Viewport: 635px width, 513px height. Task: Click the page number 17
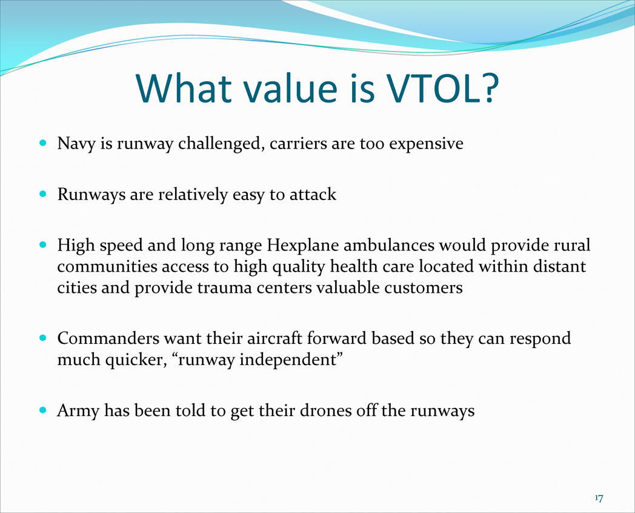pos(599,498)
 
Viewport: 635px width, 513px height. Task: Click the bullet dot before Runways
pos(43,193)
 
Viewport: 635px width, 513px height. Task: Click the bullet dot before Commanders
pos(43,338)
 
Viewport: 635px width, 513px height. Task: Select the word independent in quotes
pos(288,360)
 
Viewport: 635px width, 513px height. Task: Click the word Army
pos(78,411)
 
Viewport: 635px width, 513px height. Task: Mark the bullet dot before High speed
pos(43,244)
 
